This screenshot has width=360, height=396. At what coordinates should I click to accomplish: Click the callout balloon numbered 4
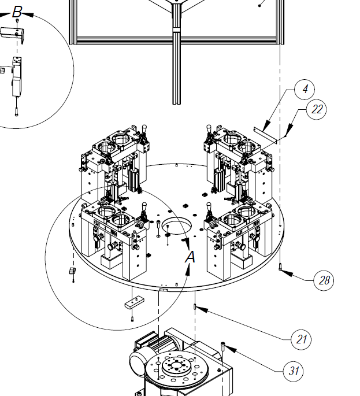coord(305,90)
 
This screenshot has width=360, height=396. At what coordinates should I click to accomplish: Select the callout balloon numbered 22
coord(316,109)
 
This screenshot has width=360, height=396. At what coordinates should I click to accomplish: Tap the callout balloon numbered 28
coord(324,280)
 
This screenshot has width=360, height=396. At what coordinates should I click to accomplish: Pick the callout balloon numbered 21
coord(301,339)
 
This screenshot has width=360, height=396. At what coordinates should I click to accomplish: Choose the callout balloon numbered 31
coord(293,371)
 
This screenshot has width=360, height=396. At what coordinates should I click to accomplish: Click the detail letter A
coord(190,257)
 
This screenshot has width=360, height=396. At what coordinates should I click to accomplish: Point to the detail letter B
coord(17,12)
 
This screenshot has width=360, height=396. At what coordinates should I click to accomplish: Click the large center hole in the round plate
coord(177,225)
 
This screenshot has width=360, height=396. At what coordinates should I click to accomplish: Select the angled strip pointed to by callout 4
coord(265,135)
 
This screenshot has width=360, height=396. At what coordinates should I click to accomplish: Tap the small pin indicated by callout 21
coord(195,307)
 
